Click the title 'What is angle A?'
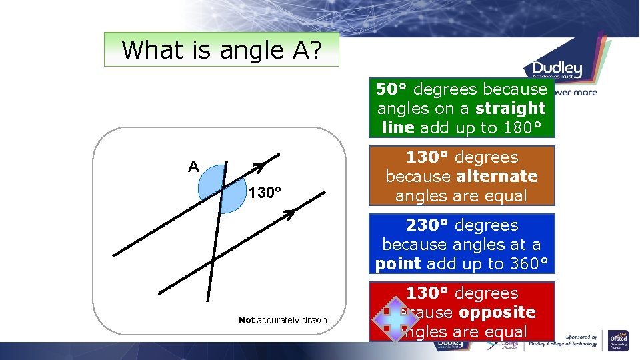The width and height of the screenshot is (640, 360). [221, 50]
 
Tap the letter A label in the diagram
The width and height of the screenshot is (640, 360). [193, 167]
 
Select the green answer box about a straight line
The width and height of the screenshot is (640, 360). [462, 108]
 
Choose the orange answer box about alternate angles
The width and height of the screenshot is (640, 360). [462, 176]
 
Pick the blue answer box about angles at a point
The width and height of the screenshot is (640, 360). [462, 244]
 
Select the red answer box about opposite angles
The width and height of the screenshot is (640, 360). [462, 312]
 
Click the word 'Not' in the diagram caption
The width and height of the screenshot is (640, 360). [247, 320]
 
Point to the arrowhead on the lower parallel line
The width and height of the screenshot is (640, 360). [289, 214]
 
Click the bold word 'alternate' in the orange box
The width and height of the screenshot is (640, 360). [497, 177]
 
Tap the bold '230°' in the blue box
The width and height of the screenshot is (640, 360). [429, 225]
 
